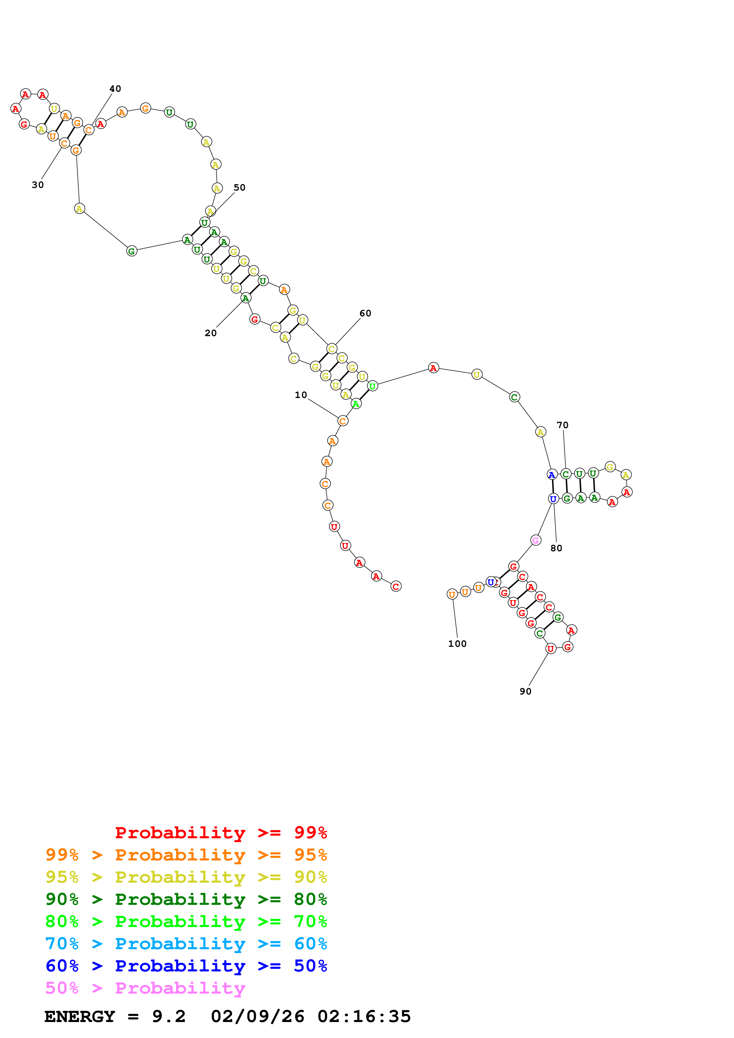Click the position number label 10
click(301, 395)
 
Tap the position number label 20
click(211, 333)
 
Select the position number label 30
click(38, 185)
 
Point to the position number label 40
click(115, 88)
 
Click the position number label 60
click(365, 313)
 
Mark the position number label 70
click(563, 425)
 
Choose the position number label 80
click(556, 548)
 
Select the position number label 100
click(457, 644)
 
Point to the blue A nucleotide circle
click(552, 475)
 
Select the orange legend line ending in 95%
click(186, 855)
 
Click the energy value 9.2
click(169, 1016)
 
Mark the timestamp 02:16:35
click(364, 1016)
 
